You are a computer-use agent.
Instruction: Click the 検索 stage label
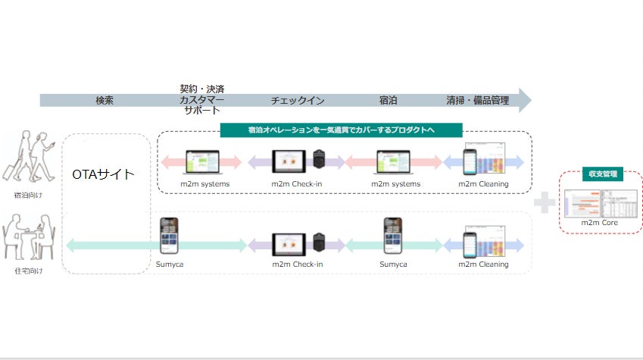[105, 100]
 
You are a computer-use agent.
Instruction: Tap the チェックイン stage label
[298, 100]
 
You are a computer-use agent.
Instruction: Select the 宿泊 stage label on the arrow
[389, 100]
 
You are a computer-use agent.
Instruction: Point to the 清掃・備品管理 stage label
[477, 100]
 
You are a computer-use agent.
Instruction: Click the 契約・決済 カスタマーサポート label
[201, 99]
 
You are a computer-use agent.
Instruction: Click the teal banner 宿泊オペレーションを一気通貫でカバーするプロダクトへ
[341, 130]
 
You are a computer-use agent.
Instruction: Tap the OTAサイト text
[103, 174]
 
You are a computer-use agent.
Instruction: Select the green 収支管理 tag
[602, 174]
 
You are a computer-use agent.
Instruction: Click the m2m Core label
[601, 224]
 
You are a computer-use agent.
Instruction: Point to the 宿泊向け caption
[30, 194]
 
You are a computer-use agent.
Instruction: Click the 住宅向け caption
[30, 271]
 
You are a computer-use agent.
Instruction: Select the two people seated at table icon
[30, 236]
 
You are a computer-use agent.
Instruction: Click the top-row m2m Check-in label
[298, 183]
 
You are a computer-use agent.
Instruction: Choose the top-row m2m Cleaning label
[483, 183]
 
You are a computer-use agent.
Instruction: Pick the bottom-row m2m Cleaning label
[483, 265]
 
